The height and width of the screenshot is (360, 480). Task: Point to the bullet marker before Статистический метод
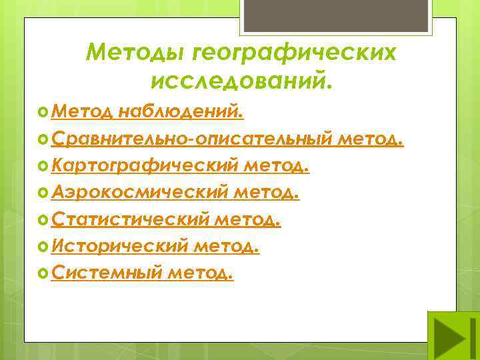click(x=44, y=219)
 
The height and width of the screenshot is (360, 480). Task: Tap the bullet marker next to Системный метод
click(x=44, y=273)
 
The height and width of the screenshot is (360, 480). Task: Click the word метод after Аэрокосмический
click(x=265, y=193)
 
